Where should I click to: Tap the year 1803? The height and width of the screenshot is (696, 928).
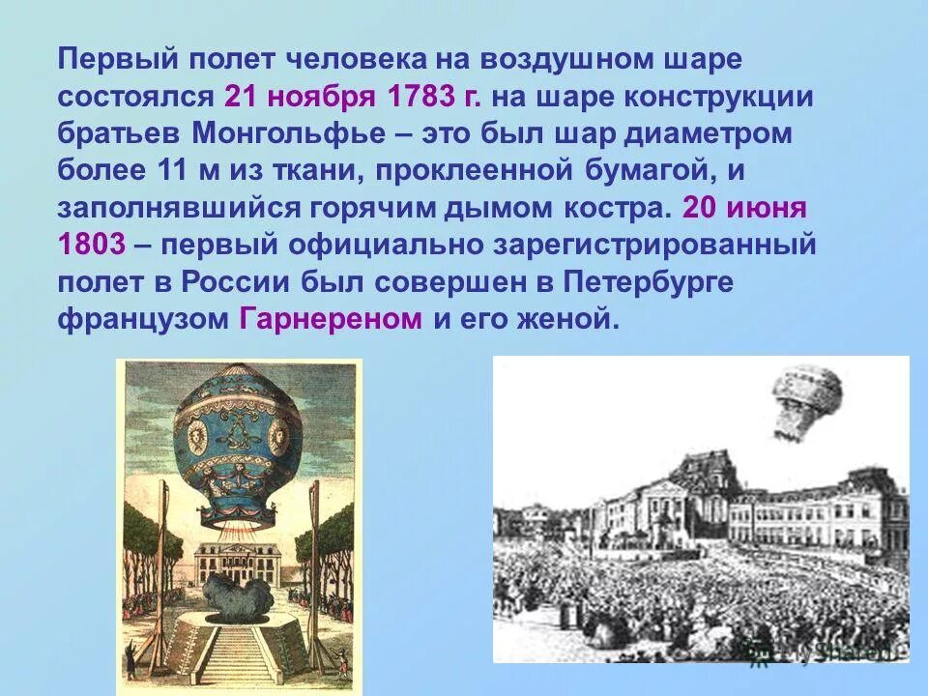[92, 245]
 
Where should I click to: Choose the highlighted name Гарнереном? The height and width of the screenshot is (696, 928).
[330, 319]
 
